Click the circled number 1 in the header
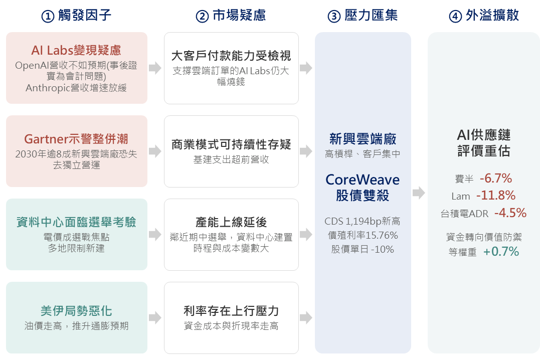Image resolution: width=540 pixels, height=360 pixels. tap(48, 16)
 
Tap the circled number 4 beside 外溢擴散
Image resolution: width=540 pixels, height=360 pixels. tap(455, 16)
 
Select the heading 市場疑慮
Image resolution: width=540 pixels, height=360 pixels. tap(239, 16)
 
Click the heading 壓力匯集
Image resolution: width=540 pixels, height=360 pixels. tap(371, 16)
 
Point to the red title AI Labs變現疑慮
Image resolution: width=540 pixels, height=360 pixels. tap(76, 50)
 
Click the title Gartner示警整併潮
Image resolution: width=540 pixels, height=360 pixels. tap(76, 139)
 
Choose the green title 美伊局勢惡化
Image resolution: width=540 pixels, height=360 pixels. tap(76, 311)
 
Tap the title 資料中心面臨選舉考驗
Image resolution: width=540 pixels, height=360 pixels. tap(76, 222)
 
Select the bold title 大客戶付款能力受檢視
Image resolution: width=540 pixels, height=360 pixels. tap(231, 56)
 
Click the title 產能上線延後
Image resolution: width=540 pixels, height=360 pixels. tap(231, 222)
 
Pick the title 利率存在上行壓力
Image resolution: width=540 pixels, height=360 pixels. tap(231, 311)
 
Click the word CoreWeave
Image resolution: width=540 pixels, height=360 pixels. tap(363, 180)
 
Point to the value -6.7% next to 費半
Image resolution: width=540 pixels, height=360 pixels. tap(496, 178)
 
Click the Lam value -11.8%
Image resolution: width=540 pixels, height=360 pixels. tap(496, 196)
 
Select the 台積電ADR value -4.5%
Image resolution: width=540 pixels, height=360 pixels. tap(510, 213)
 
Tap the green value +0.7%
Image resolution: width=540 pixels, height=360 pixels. tap(501, 252)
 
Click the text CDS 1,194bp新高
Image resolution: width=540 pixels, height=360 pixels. tap(363, 221)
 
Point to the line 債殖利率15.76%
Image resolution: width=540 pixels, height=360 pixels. tap(363, 235)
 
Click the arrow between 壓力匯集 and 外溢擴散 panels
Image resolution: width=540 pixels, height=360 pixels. tap(419, 193)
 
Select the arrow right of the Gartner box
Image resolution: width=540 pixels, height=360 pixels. tap(155, 151)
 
